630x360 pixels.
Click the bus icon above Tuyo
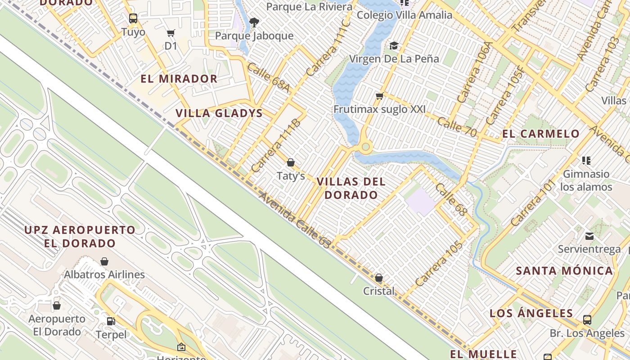(133, 18)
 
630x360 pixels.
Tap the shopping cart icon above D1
(171, 33)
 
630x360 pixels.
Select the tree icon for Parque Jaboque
(254, 22)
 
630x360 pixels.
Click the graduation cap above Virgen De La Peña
(394, 45)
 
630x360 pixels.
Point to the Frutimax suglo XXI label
(379, 109)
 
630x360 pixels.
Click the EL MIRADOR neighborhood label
(179, 79)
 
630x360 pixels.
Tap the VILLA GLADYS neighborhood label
(219, 113)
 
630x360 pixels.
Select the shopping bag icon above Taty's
(291, 162)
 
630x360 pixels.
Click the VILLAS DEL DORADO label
(351, 189)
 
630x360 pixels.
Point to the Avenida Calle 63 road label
(295, 220)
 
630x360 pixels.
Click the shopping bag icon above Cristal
(379, 278)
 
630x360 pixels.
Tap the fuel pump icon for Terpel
(111, 321)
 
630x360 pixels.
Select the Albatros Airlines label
(104, 274)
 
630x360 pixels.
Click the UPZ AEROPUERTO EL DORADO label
(80, 237)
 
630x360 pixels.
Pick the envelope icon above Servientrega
(589, 236)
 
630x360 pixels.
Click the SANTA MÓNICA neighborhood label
(564, 271)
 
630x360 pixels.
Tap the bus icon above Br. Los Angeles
(587, 320)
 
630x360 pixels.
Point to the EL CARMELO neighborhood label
(541, 134)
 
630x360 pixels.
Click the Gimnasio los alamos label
(586, 180)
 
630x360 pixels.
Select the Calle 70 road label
(457, 127)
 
